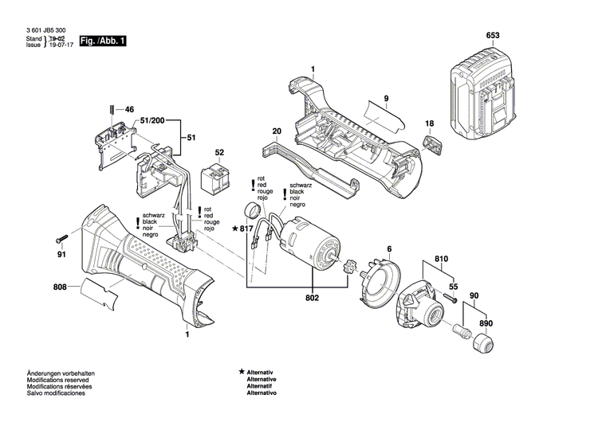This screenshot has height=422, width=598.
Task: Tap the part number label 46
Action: point(130,110)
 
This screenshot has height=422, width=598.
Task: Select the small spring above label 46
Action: point(110,110)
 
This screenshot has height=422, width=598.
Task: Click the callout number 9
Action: point(385,98)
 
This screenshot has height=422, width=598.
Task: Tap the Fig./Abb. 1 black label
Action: point(103,41)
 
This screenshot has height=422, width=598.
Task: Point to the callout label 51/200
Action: point(153,120)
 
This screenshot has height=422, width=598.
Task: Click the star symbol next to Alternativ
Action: point(242,373)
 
